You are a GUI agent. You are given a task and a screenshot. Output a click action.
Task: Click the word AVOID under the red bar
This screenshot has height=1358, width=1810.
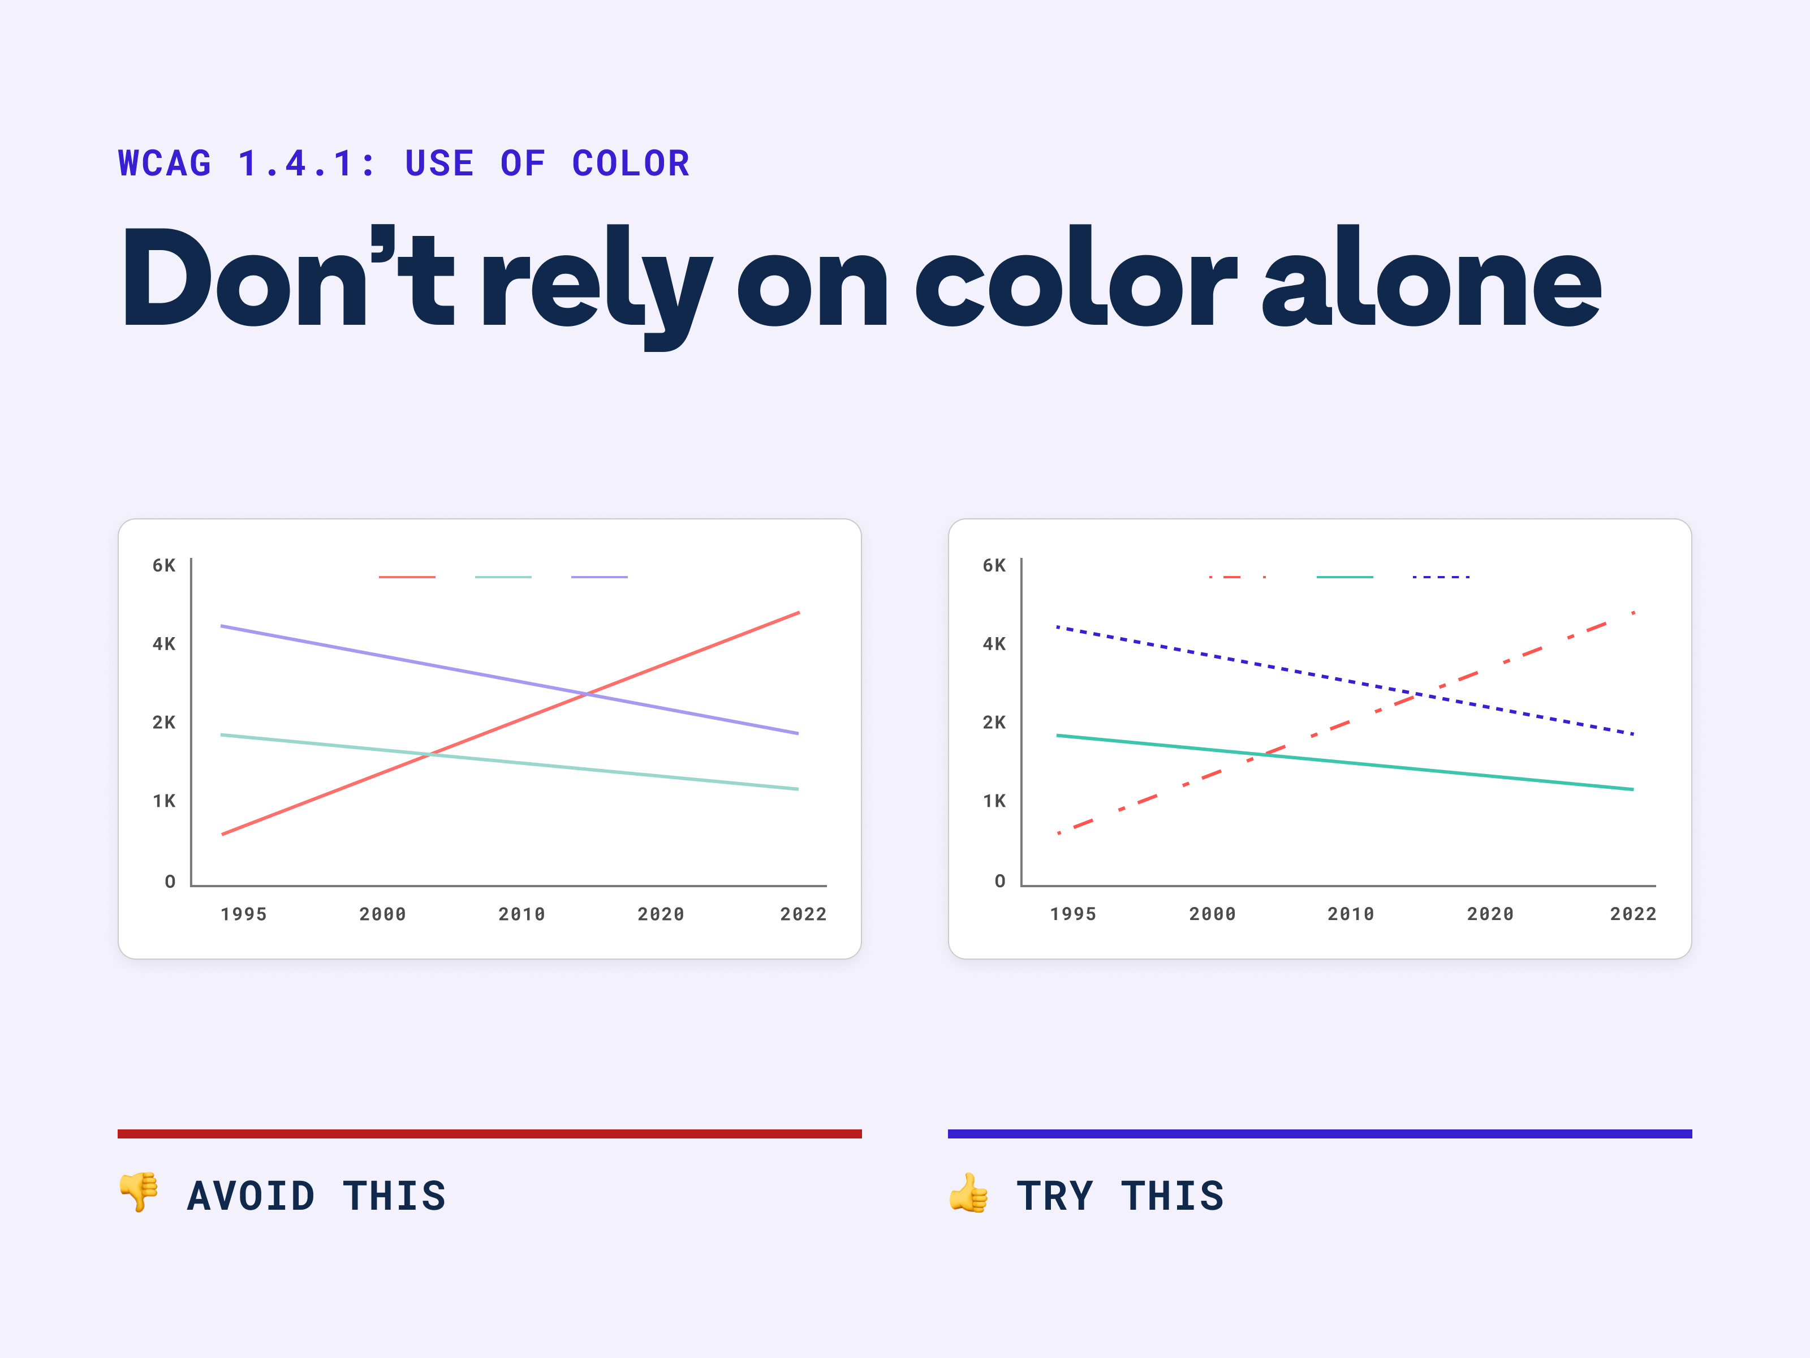(x=251, y=1196)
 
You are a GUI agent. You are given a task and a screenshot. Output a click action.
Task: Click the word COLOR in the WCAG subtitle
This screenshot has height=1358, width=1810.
(x=631, y=164)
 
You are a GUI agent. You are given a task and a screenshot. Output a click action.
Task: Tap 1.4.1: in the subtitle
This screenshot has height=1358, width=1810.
(x=307, y=164)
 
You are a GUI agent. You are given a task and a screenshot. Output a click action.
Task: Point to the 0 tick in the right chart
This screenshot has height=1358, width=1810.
(x=1000, y=882)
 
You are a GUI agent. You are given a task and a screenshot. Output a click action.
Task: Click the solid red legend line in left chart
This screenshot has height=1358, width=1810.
(x=407, y=577)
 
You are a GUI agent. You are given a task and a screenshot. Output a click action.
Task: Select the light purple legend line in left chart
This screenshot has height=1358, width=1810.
(x=599, y=577)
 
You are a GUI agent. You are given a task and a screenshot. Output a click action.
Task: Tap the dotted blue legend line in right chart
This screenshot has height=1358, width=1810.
(x=1441, y=577)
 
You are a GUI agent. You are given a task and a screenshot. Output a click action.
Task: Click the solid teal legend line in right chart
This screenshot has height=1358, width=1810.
(x=1344, y=577)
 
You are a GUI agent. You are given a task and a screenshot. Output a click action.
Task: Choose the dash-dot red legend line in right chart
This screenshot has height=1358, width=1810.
(x=1237, y=577)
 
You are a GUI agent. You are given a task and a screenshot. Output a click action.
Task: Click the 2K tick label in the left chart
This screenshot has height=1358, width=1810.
(x=163, y=723)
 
